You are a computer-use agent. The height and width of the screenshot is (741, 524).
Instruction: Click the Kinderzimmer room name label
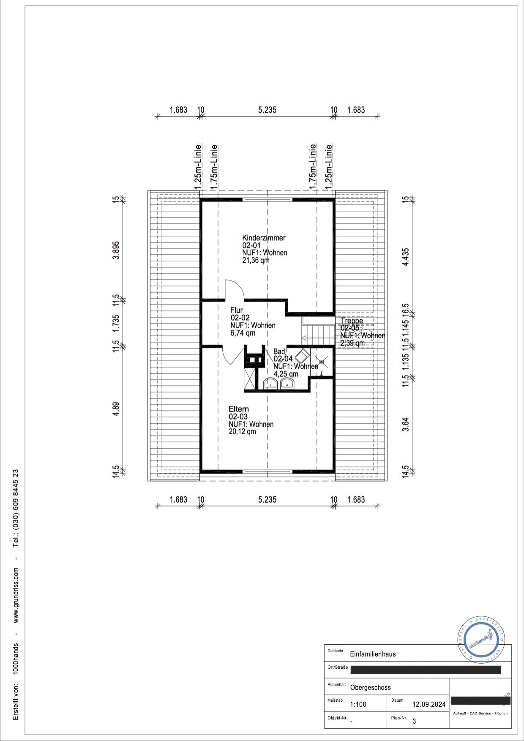[264, 238]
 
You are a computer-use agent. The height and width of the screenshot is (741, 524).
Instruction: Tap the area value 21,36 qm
[256, 261]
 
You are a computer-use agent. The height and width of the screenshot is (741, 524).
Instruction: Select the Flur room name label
[237, 310]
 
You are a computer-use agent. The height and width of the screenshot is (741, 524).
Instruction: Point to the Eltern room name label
[239, 409]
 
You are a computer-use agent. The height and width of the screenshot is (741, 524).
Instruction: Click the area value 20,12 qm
[242, 432]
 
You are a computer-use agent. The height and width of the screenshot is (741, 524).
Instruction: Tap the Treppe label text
[352, 321]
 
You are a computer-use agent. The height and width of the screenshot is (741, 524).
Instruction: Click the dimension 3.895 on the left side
[116, 250]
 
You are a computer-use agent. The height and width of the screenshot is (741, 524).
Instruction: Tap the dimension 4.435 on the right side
[406, 256]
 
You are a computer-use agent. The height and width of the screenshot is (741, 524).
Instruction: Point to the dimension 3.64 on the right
[406, 424]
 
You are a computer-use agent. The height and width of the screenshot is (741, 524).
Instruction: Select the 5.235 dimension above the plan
[267, 110]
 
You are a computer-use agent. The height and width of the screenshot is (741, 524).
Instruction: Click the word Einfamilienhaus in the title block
[373, 654]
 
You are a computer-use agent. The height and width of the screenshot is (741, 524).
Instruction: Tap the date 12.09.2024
[429, 704]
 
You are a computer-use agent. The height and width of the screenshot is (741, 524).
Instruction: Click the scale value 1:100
[358, 704]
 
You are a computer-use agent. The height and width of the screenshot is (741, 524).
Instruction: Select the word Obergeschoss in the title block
[370, 687]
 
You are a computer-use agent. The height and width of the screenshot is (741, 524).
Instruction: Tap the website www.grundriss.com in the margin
[16, 595]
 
